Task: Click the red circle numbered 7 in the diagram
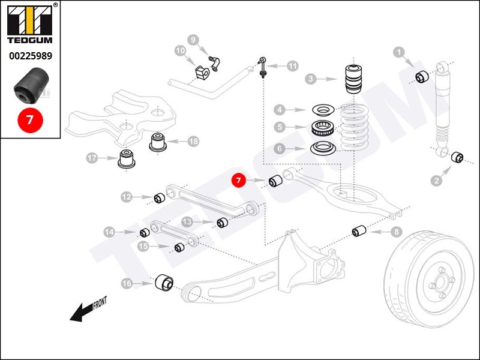239,180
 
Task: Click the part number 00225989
30,56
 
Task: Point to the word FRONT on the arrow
100,304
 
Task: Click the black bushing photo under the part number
30,85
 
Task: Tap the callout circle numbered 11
292,66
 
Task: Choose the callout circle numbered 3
310,79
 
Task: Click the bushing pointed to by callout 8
359,231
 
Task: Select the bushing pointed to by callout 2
457,157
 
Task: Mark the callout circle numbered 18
193,142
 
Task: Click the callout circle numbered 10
181,51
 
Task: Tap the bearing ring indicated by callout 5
322,127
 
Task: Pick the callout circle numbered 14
109,232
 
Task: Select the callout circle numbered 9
193,40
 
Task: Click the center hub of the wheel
438,284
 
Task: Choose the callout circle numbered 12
127,196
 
